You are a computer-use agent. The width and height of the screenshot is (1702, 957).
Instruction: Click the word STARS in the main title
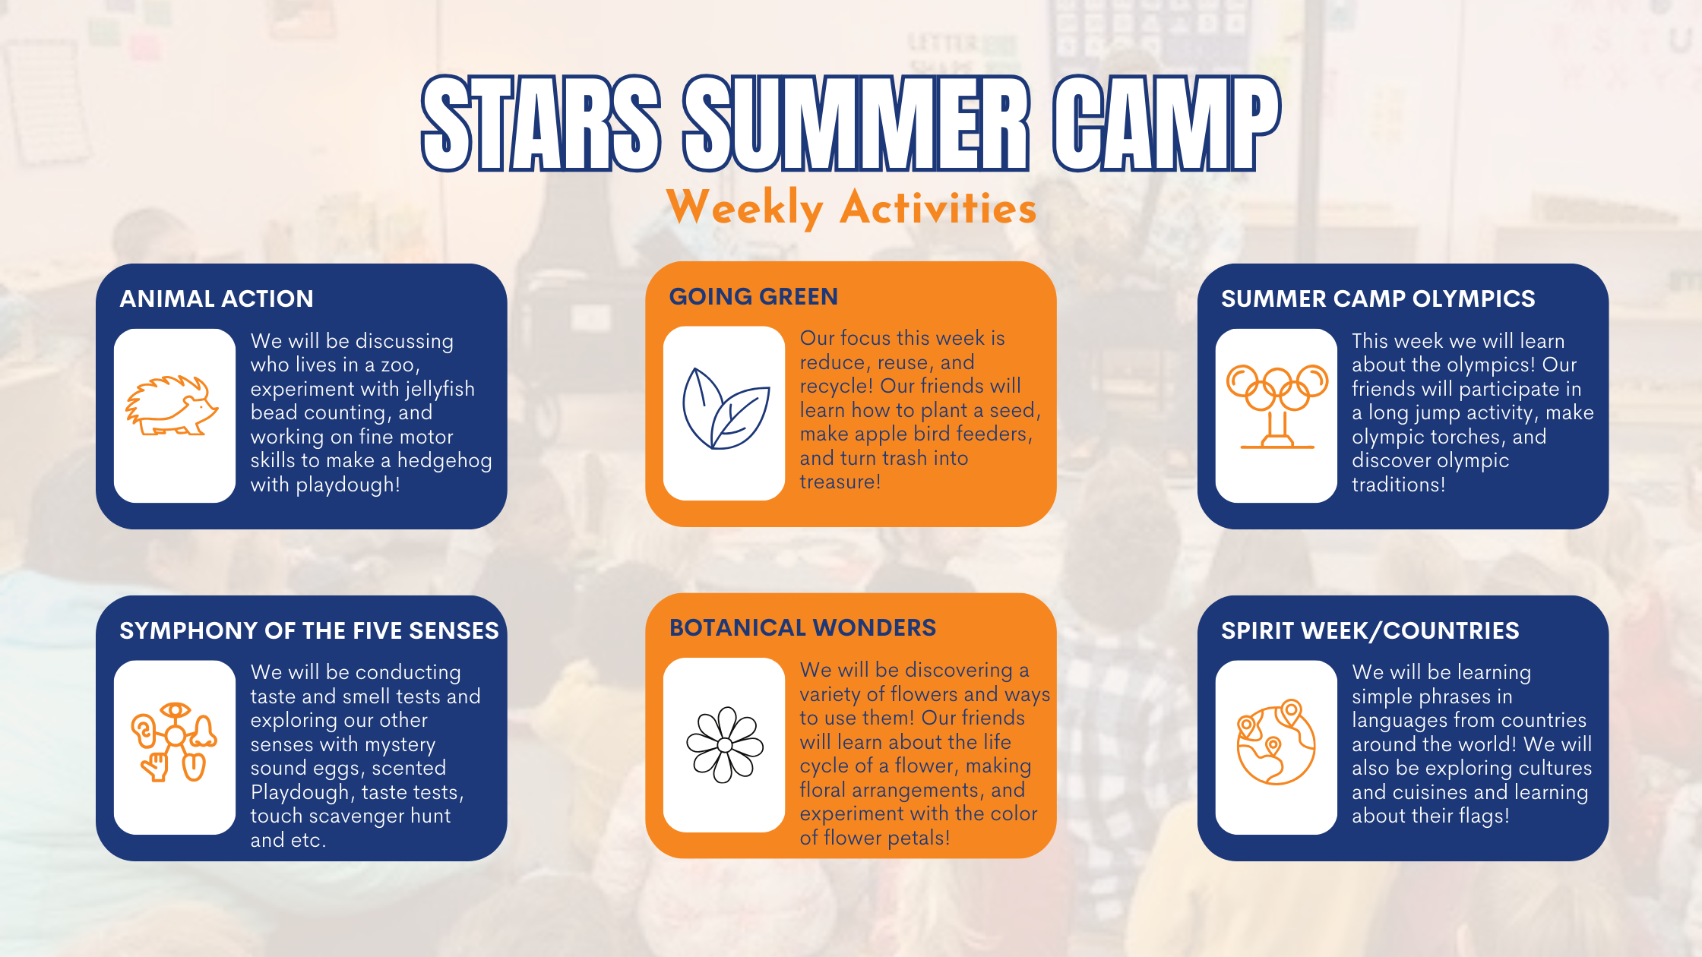[x=541, y=123]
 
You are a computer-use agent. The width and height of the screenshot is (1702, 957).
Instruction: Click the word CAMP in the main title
[x=1167, y=123]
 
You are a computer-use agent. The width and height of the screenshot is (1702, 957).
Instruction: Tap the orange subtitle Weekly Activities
[x=851, y=207]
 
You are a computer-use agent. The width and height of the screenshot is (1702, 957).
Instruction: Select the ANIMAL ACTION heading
[x=217, y=298]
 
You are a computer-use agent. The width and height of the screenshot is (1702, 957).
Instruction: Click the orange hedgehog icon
[x=172, y=406]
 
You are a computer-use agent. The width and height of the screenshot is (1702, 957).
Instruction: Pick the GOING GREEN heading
[x=753, y=296]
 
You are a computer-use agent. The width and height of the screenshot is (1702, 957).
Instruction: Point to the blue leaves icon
[x=726, y=409]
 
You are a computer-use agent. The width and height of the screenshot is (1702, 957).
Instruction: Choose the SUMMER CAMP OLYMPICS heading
[x=1378, y=298]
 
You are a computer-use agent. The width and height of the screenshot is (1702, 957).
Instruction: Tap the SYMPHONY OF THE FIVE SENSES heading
[x=309, y=630]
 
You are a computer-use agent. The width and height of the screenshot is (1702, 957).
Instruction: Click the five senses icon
[x=174, y=742]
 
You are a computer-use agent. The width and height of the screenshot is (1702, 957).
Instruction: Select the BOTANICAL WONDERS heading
[x=802, y=627]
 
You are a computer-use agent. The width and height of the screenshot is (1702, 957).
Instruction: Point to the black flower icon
[x=725, y=745]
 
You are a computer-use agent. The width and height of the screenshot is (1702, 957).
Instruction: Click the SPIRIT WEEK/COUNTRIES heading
[x=1370, y=630]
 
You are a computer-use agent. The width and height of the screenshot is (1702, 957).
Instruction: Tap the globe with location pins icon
[x=1276, y=742]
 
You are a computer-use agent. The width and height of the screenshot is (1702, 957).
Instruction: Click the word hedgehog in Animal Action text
[x=444, y=460]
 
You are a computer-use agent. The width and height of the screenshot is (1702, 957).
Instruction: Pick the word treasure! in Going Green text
[x=840, y=482]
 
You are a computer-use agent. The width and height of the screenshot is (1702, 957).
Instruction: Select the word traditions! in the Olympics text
[x=1398, y=485]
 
